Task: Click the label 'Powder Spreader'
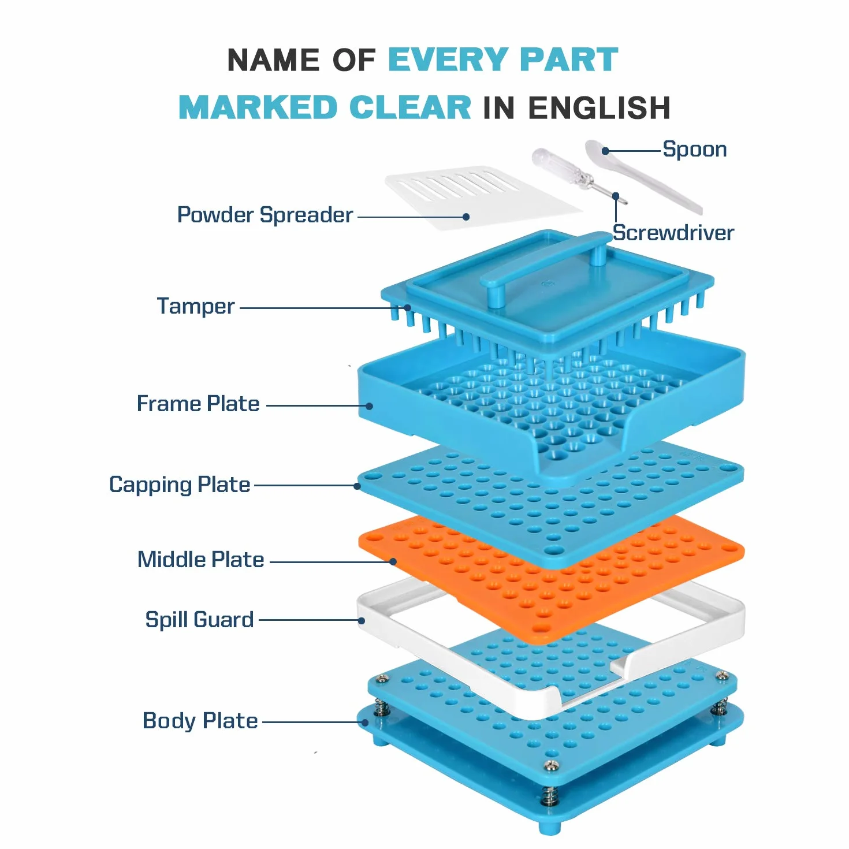click(x=265, y=215)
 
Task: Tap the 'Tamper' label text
click(x=196, y=306)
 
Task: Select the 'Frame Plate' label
click(x=198, y=404)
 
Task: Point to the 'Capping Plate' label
click(x=179, y=485)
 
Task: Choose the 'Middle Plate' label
click(x=200, y=560)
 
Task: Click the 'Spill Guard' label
click(x=199, y=620)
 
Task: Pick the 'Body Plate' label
click(x=200, y=721)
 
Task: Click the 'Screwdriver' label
click(x=673, y=233)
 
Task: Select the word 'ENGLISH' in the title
click(x=599, y=108)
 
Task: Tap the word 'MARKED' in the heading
click(x=258, y=108)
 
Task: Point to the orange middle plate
click(x=551, y=577)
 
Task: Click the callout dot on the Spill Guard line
click(x=362, y=621)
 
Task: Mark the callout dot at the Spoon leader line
click(x=605, y=151)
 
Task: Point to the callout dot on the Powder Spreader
click(x=466, y=217)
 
